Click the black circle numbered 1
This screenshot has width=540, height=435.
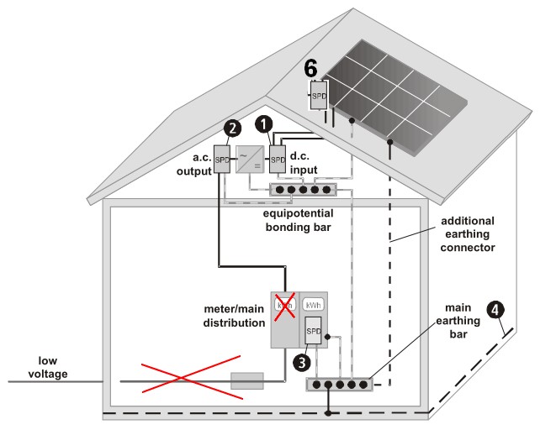coord(266,123)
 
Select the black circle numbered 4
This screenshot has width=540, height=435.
coord(500,307)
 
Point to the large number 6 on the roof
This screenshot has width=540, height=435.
coord(310,68)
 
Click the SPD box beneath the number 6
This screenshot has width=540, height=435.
coord(319,93)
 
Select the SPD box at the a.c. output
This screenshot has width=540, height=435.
coord(223,159)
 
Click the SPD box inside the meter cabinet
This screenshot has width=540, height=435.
coord(314,332)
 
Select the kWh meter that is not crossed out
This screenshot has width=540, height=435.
coord(314,305)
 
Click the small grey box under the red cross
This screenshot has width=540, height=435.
coord(247,380)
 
